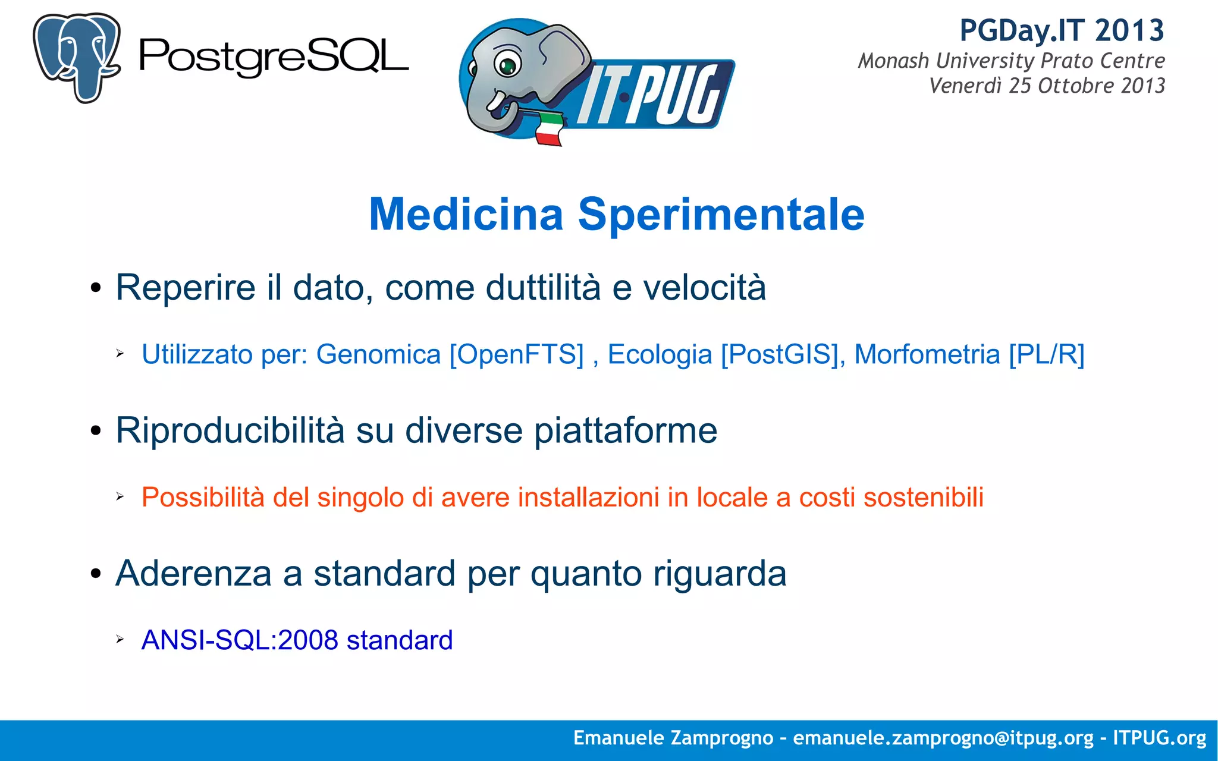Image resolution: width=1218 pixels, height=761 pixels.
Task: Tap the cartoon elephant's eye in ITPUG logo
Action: pos(507,64)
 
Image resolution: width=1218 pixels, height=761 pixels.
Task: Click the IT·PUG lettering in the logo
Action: pos(654,95)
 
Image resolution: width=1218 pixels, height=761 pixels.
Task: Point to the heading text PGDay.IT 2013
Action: pos(1062,30)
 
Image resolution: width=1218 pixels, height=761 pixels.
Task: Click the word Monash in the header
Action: pos(893,61)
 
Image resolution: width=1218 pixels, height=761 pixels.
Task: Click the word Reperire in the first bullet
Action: pos(185,288)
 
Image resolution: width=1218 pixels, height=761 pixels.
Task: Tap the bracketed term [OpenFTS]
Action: pos(516,355)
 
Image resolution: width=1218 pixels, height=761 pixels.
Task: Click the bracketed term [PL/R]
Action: pos(1047,355)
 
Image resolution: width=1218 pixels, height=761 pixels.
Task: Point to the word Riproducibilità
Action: pos(230,430)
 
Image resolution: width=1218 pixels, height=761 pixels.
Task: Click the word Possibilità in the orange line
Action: pos(202,497)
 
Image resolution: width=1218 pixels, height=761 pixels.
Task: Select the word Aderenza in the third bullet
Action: pos(193,574)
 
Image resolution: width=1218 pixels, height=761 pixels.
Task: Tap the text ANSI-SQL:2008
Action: pos(240,640)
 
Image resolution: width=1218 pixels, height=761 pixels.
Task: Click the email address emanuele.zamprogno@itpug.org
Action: pos(943,738)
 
